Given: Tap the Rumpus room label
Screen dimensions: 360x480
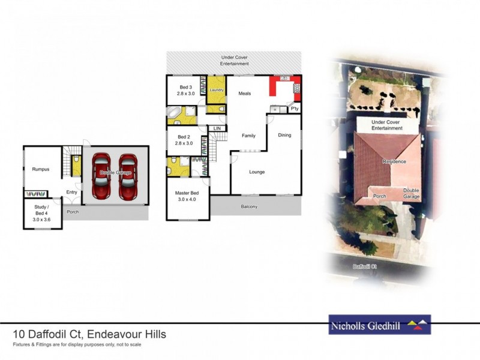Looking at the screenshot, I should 41,169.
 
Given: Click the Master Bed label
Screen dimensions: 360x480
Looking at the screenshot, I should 187,196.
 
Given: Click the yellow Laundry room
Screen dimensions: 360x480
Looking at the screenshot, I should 217,90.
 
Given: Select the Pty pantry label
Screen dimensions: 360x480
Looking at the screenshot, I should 294,109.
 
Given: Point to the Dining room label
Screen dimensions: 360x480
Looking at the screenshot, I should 284,135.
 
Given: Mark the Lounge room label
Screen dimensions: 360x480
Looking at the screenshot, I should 257,172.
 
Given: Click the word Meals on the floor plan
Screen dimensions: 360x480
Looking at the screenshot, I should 244,94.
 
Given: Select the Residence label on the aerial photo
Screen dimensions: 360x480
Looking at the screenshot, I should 395,161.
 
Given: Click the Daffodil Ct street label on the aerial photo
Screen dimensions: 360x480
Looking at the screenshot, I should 364,265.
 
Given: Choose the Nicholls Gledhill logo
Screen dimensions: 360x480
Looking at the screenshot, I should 379,325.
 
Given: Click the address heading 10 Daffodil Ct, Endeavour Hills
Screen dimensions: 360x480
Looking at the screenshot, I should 89,334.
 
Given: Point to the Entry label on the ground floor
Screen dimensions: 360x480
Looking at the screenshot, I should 72,192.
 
